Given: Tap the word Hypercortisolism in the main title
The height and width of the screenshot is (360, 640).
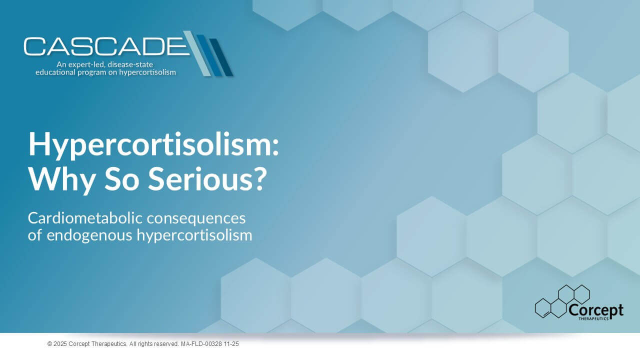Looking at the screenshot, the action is coord(153,145).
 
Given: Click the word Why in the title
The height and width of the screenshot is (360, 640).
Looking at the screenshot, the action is coord(61,179).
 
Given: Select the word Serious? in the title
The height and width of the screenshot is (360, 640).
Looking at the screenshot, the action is coord(207,178).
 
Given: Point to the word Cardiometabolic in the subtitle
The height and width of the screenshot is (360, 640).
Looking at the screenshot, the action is coord(85,218).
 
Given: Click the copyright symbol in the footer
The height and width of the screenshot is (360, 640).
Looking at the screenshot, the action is coord(49,344).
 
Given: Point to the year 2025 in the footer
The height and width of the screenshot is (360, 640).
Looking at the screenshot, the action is coord(60,344).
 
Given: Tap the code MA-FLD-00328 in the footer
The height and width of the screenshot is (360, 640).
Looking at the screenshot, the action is coord(201,344).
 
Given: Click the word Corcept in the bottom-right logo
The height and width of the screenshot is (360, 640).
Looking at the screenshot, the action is coord(596,310).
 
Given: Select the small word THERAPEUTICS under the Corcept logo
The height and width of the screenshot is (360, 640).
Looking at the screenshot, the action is coord(593,318).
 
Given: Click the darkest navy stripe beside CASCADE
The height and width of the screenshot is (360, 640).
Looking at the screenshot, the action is coord(221,57).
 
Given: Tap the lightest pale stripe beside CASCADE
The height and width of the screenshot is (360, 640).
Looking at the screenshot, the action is coord(197,53).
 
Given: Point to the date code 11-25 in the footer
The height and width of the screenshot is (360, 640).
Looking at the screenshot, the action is coord(231,344).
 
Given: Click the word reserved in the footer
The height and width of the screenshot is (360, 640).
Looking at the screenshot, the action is coord(167,344).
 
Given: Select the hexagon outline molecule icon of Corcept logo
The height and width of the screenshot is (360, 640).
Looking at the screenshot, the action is coord(562,301).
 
